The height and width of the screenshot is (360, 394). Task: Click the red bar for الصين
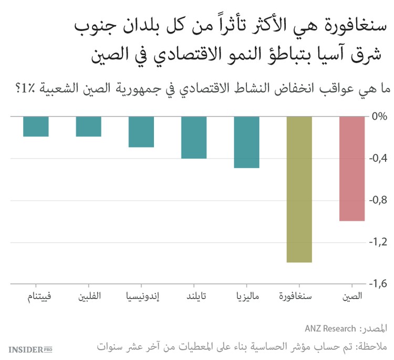tap(352, 168)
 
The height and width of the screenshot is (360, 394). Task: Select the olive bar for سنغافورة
tap(299, 189)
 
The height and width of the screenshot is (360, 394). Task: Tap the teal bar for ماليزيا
tap(247, 142)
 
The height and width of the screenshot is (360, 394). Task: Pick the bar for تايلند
tap(194, 137)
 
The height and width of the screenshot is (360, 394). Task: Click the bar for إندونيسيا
tap(141, 131)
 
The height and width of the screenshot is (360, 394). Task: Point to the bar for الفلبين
tap(88, 126)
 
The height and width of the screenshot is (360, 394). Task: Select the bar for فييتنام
tap(36, 126)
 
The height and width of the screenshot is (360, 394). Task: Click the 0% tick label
tap(379, 116)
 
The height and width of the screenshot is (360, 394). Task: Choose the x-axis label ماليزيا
tap(247, 297)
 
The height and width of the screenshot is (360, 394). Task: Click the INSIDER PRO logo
tap(30, 349)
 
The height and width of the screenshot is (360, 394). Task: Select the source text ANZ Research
tap(330, 329)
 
